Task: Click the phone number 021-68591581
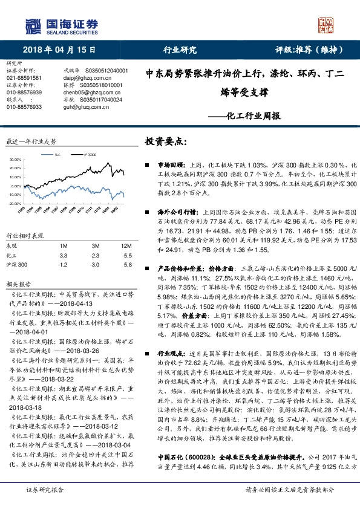click(24, 78)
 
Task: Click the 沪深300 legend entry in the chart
click(91, 155)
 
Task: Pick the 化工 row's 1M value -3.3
click(63, 256)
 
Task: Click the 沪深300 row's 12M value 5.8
click(126, 265)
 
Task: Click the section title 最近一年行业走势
click(31, 141)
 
